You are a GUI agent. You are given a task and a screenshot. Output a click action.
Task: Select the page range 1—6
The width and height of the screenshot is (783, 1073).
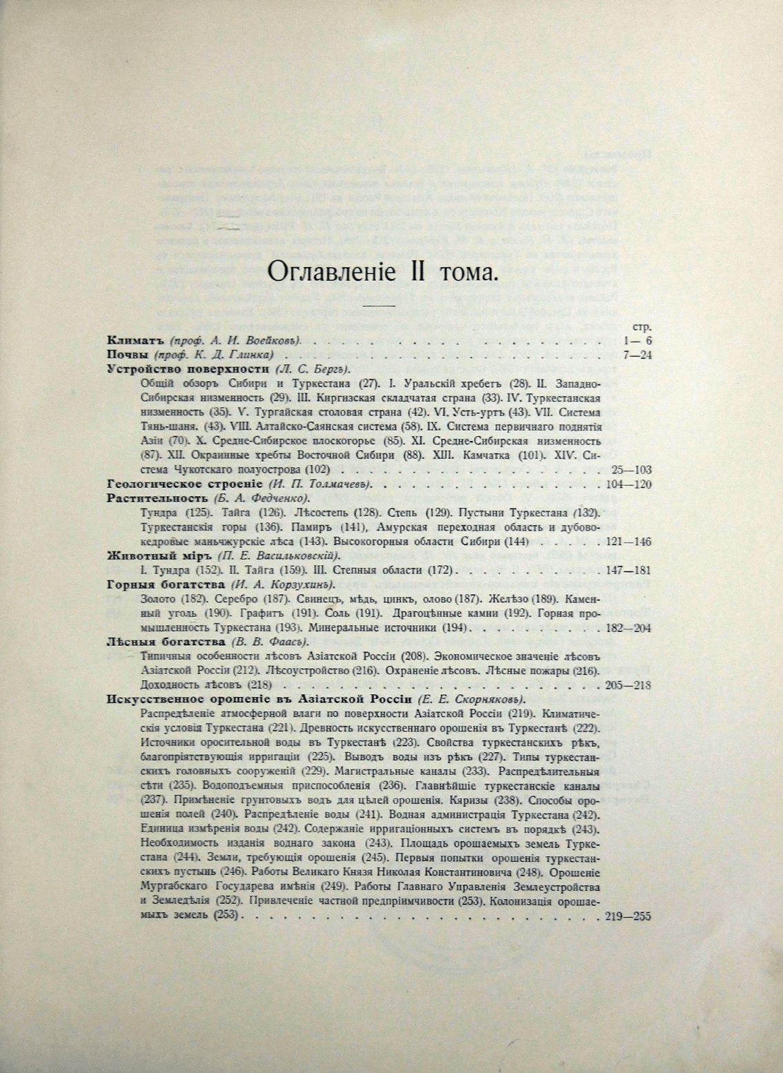[636, 341]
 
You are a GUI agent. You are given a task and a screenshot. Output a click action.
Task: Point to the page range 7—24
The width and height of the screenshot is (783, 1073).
[636, 355]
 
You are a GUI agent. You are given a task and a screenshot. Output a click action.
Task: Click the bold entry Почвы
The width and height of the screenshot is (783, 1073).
[129, 355]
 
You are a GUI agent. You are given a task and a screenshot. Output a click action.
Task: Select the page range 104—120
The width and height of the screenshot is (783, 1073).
[628, 484]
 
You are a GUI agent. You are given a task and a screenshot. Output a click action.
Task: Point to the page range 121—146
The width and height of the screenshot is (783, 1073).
[626, 542]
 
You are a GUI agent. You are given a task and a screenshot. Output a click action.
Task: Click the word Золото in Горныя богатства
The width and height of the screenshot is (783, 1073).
[157, 599]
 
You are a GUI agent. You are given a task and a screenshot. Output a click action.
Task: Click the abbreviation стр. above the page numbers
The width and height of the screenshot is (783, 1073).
[642, 328]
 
